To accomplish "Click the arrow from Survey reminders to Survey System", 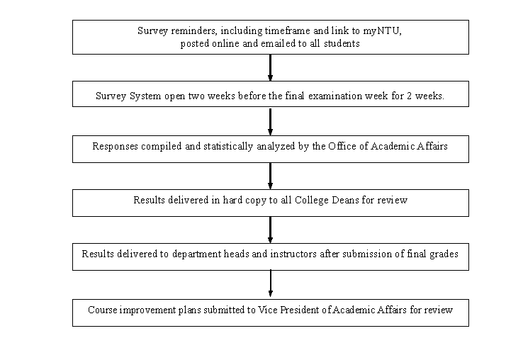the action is tap(270, 68).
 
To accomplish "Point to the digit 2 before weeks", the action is tap(409, 96).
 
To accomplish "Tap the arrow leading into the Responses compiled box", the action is tap(270, 121).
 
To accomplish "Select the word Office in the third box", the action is tap(342, 146).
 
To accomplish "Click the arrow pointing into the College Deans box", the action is tap(270, 176).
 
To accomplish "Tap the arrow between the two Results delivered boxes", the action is tap(270, 230).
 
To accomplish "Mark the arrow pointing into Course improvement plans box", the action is tap(270, 283).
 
